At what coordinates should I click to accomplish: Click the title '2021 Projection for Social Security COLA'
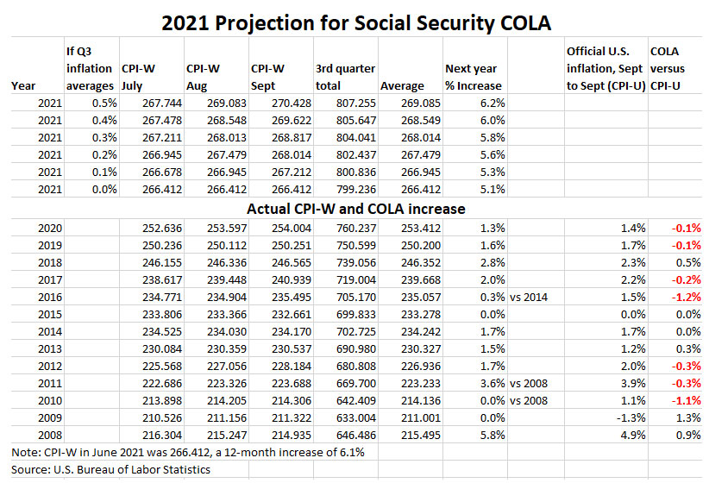tap(354, 21)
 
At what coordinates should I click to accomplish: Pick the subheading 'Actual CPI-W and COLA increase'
tap(354, 208)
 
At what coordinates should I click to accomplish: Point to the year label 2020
tap(52, 228)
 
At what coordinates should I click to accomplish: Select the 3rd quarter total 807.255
tap(354, 103)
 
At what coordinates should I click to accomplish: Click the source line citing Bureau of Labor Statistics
tap(112, 470)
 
